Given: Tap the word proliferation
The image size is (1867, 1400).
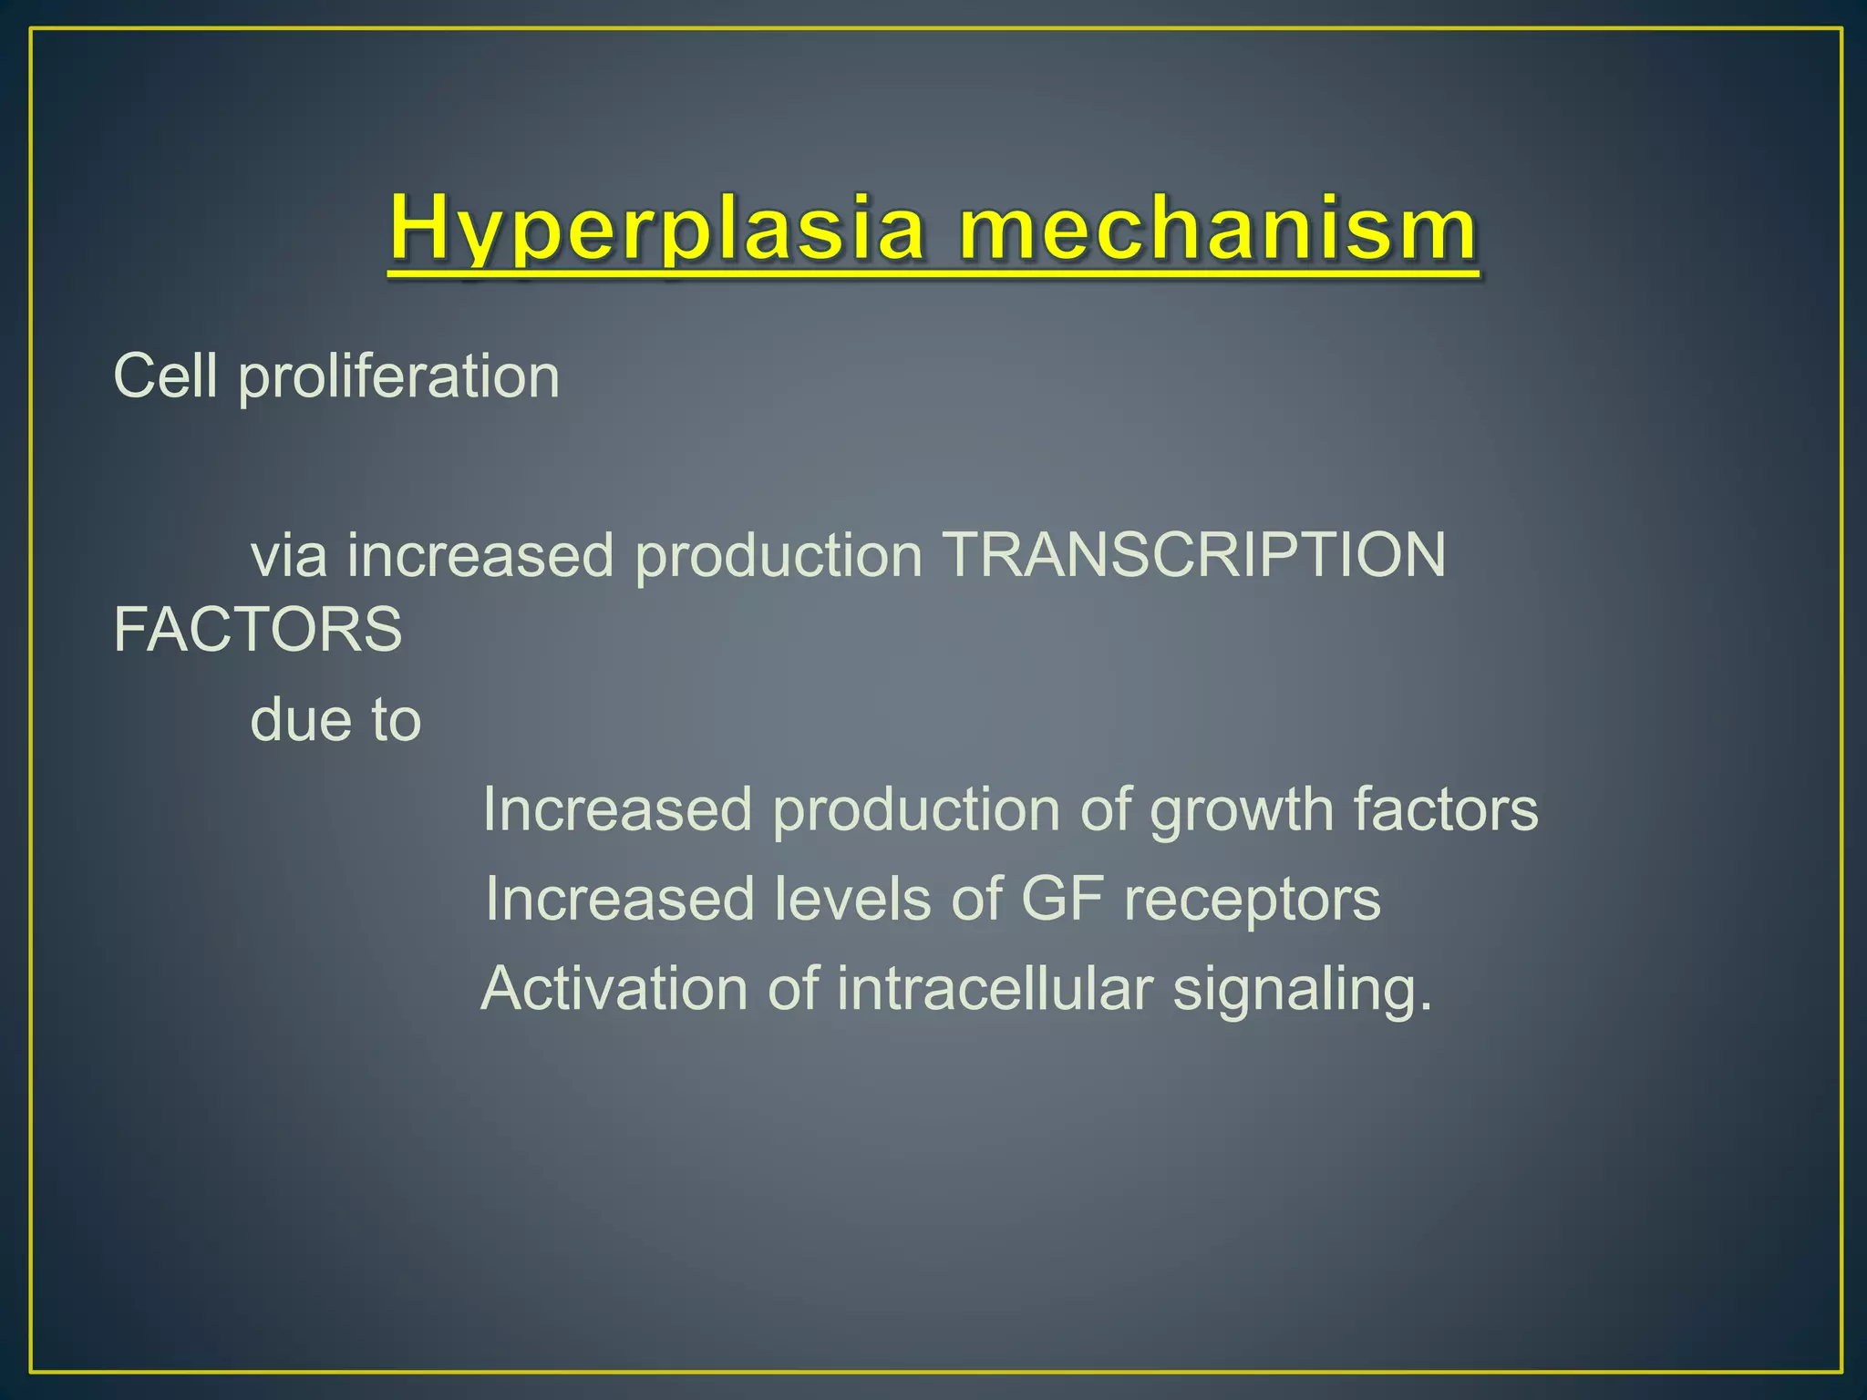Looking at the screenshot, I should click(x=398, y=377).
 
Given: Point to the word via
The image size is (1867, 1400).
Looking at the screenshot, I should click(x=288, y=555).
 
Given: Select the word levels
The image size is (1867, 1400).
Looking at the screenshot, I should click(x=852, y=899).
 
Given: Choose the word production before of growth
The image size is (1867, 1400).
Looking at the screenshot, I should click(x=916, y=810).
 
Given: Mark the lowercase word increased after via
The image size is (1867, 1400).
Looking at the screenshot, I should click(x=480, y=555).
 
